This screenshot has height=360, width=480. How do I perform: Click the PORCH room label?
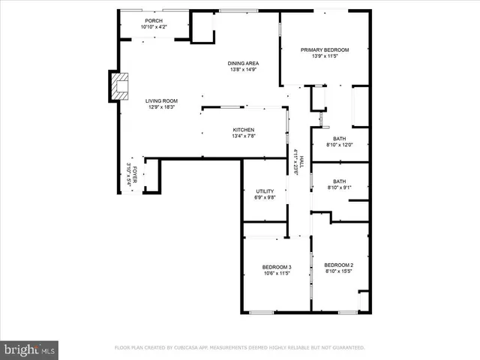(x=153, y=21)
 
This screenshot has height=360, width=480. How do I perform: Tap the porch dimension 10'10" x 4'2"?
(x=153, y=28)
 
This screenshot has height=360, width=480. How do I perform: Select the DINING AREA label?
(x=243, y=63)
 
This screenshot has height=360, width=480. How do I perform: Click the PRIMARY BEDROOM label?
(x=325, y=50)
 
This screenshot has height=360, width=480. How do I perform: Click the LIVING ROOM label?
(x=161, y=100)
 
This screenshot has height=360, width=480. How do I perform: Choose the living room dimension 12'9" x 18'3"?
(x=161, y=107)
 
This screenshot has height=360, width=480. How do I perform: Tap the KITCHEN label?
(x=244, y=130)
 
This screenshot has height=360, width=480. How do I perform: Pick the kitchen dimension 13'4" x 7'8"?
(x=244, y=136)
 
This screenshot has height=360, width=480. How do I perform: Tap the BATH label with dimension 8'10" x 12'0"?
(x=340, y=138)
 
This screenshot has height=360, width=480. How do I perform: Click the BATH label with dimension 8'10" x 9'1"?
(x=340, y=181)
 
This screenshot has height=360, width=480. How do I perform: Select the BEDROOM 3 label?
(x=276, y=268)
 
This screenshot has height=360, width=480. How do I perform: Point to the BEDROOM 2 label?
(x=338, y=265)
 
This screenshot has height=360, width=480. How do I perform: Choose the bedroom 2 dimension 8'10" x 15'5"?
(x=338, y=271)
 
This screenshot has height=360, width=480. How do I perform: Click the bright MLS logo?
(x=30, y=349)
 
